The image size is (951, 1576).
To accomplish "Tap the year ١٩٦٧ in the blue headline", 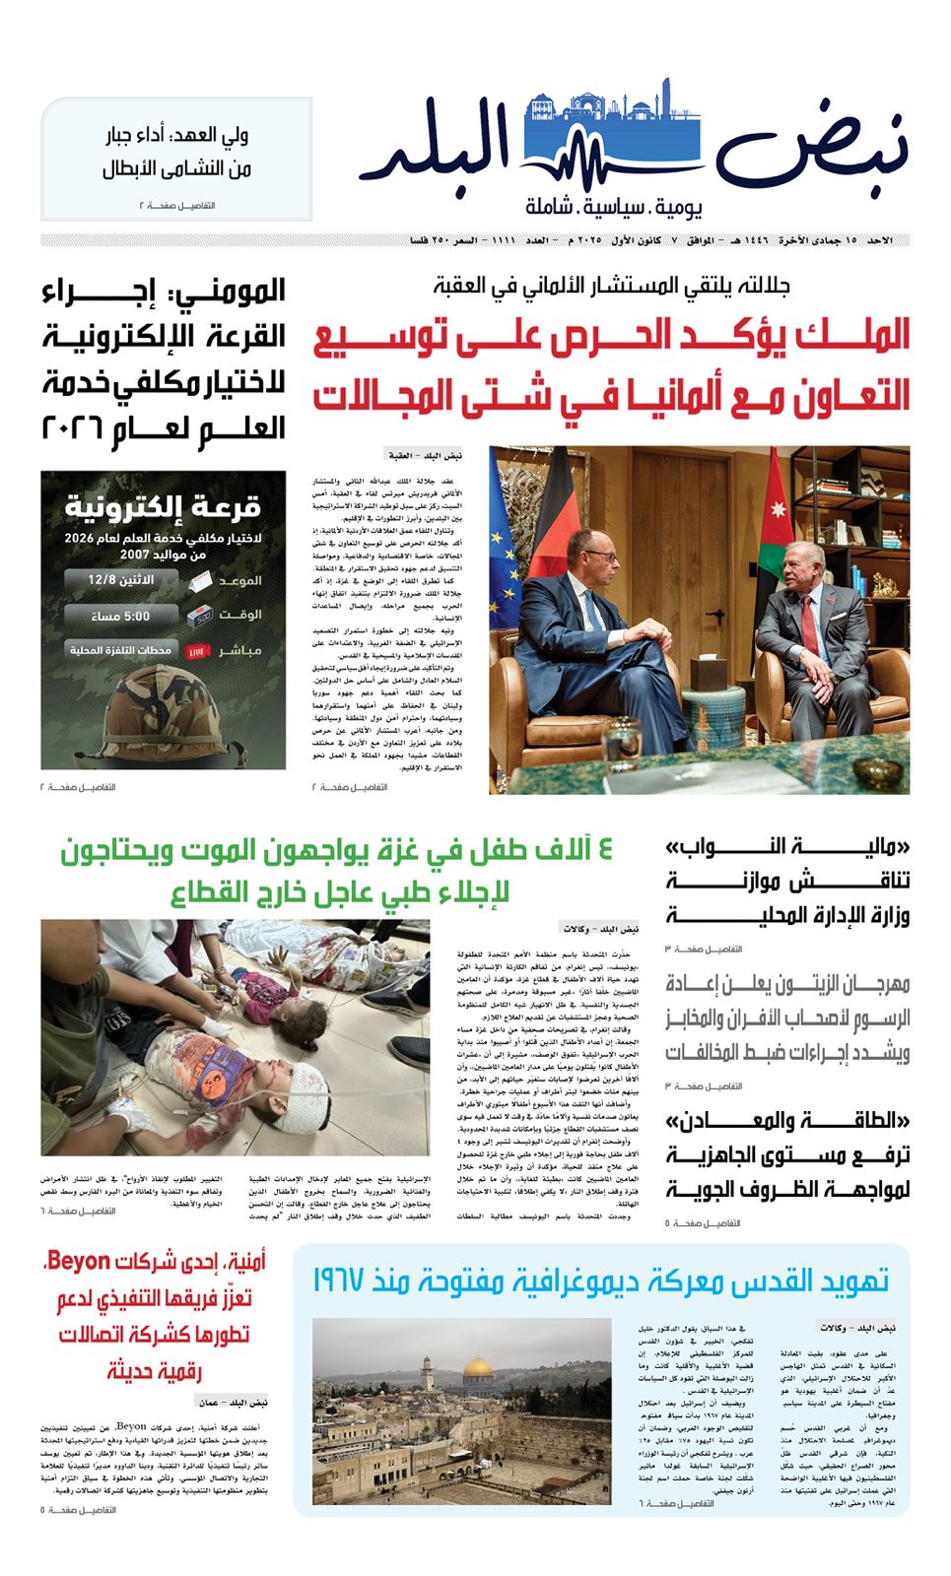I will tap(346, 1281).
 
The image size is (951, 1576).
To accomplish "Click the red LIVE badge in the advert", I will tap(195, 651).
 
